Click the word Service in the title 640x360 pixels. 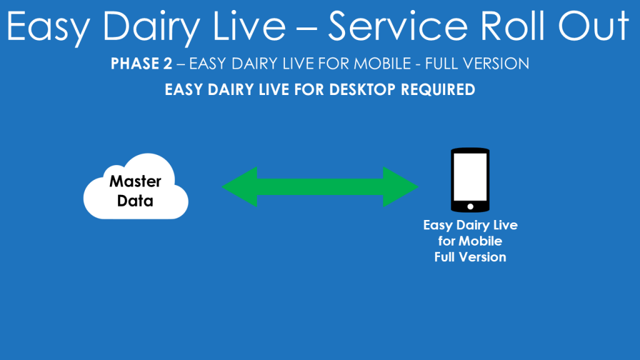coord(398,26)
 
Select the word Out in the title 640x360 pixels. coord(594,26)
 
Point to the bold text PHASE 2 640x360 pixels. coord(141,64)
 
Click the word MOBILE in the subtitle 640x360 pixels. coord(382,64)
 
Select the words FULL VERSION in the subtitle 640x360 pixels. coord(477,64)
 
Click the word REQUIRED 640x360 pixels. coord(438,90)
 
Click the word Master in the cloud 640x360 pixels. coord(135,181)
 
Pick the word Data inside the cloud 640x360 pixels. coord(135,201)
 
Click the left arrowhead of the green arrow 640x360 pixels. coord(239,187)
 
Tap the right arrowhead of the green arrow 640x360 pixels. coord(401,187)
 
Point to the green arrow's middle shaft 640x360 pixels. coord(320,187)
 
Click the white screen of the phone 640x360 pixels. coord(470,177)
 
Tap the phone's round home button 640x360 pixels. coord(470,206)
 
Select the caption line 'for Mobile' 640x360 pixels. coord(470,241)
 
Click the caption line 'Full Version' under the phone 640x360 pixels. coord(470,257)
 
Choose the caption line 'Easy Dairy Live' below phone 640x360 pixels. coord(470,225)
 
